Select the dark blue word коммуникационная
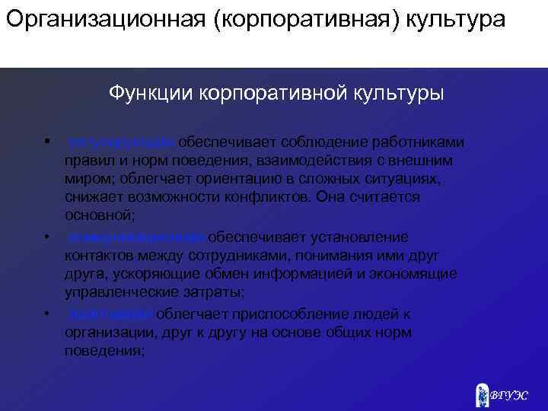tap(135, 237)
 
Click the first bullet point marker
tap(46, 141)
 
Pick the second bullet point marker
tap(46, 235)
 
